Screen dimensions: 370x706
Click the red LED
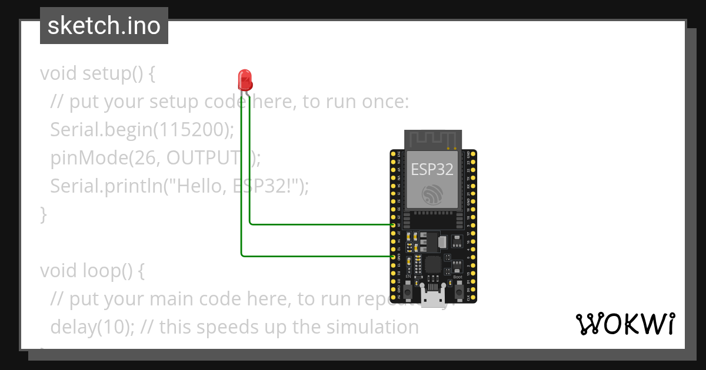click(x=245, y=79)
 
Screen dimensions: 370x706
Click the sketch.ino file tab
click(x=104, y=26)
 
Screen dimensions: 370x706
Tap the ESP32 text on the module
click(x=432, y=170)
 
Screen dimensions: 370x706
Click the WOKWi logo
click(x=625, y=324)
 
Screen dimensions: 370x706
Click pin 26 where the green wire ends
click(x=394, y=224)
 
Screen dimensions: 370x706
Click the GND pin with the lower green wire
click(x=394, y=257)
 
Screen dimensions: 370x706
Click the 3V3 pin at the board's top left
click(x=394, y=153)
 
